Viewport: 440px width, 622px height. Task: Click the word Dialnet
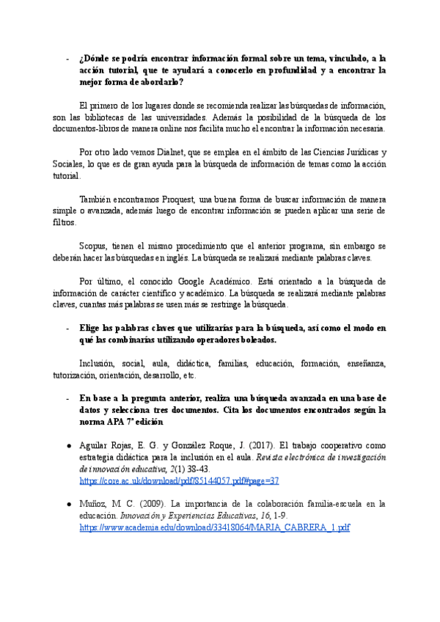(147, 152)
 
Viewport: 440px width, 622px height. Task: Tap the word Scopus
(94, 246)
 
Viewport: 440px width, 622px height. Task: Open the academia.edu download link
(214, 527)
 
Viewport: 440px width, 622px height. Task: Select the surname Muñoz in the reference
(93, 504)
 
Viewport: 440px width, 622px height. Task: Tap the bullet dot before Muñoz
(67, 504)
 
